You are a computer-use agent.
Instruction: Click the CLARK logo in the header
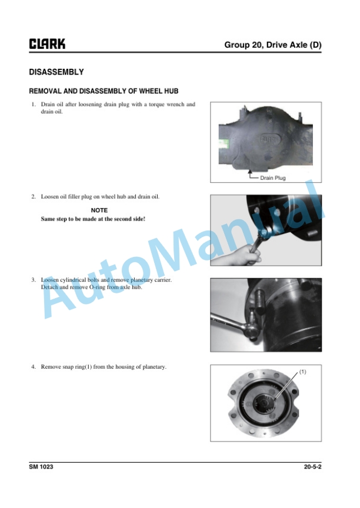(x=47, y=44)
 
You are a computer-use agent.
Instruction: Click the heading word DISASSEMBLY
(x=56, y=72)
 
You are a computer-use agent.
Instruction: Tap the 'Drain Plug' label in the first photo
(x=273, y=178)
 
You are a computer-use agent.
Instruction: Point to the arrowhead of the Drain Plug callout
(x=249, y=171)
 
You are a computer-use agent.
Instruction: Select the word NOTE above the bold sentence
(x=99, y=210)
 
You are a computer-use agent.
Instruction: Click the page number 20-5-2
(x=313, y=467)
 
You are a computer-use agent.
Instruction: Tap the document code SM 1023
(x=41, y=467)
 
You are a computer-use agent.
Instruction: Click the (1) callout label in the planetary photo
(x=302, y=372)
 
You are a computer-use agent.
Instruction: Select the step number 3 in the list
(x=34, y=280)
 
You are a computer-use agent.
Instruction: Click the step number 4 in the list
(x=34, y=367)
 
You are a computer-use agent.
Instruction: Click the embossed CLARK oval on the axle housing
(x=269, y=139)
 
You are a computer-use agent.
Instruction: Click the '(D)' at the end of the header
(x=315, y=45)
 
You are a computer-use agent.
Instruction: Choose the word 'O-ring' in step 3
(x=97, y=287)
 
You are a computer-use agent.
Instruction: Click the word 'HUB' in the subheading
(x=171, y=91)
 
